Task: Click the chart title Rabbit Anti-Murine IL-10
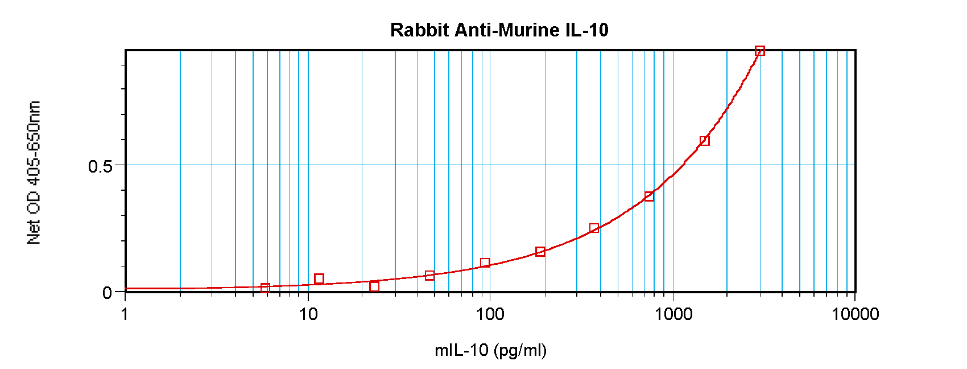pyautogui.click(x=499, y=30)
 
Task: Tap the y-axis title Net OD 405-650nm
pyautogui.click(x=34, y=173)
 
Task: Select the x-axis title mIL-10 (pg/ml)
pyautogui.click(x=490, y=350)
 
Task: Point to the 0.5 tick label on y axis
pyautogui.click(x=100, y=166)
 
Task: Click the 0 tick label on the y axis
pyautogui.click(x=108, y=293)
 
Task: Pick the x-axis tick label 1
pyautogui.click(x=125, y=314)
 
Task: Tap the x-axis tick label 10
pyautogui.click(x=308, y=314)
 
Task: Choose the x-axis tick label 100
pyautogui.click(x=490, y=314)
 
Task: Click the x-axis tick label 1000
pyautogui.click(x=673, y=314)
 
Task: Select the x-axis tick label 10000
pyautogui.click(x=855, y=314)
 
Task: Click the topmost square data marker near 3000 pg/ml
pyautogui.click(x=759, y=51)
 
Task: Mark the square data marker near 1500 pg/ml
pyautogui.click(x=704, y=141)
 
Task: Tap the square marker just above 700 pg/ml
pyautogui.click(x=649, y=196)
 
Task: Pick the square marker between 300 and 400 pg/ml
pyautogui.click(x=594, y=228)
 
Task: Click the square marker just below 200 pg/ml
pyautogui.click(x=540, y=252)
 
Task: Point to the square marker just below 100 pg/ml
pyautogui.click(x=485, y=263)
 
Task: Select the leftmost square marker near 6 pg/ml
pyautogui.click(x=265, y=288)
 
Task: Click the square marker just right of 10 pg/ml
pyautogui.click(x=319, y=279)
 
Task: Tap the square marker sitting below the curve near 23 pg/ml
pyautogui.click(x=374, y=286)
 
